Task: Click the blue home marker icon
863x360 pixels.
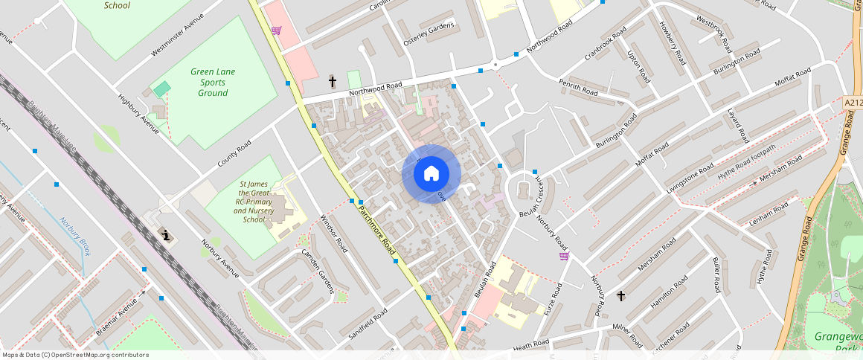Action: [431, 174]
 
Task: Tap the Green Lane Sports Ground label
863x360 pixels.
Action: [213, 83]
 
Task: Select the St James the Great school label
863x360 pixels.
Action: [254, 202]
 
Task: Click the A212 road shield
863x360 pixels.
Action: [853, 102]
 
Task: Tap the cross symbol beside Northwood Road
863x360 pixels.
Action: [333, 80]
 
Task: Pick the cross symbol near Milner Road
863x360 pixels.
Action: [621, 296]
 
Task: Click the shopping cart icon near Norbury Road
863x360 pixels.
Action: [564, 256]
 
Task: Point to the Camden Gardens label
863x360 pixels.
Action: [318, 269]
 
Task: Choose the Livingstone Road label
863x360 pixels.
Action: [691, 179]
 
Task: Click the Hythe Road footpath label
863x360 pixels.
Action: [746, 162]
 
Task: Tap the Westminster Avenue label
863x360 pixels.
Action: [177, 34]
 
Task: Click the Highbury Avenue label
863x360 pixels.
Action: [138, 114]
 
